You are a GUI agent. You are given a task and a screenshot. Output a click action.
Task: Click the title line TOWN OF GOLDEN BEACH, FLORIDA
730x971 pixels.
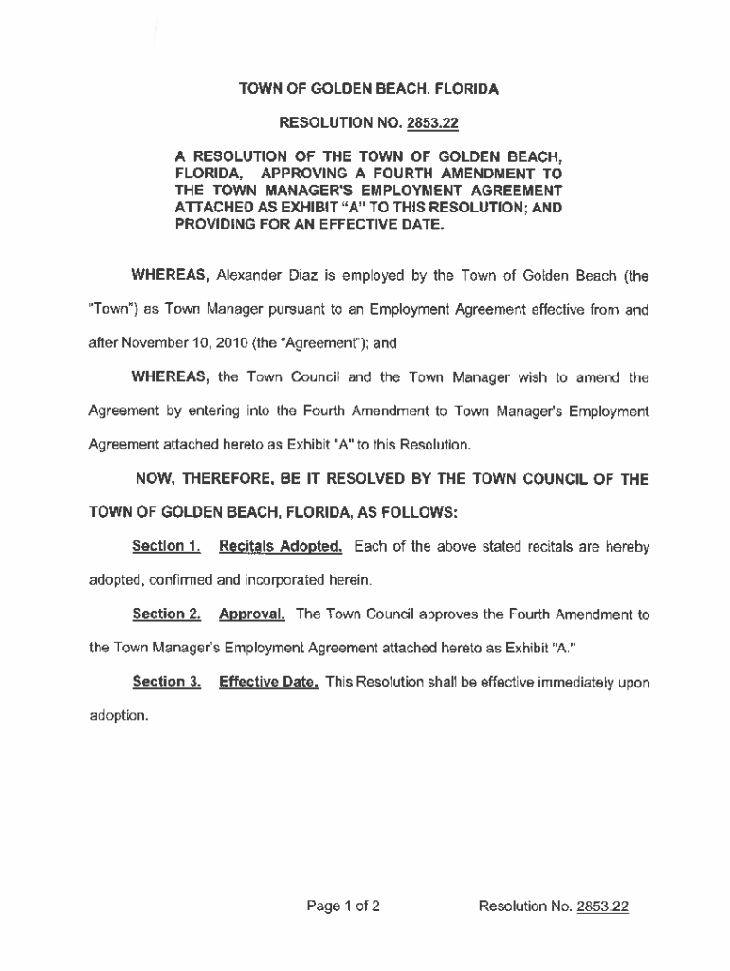(x=368, y=90)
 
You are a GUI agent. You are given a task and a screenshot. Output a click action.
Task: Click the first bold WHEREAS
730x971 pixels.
(x=170, y=276)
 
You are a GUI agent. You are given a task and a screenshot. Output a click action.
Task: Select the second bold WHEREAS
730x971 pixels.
(x=170, y=377)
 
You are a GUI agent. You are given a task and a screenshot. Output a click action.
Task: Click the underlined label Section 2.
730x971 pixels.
(x=166, y=614)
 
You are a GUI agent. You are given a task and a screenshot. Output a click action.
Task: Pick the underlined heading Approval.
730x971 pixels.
(x=252, y=614)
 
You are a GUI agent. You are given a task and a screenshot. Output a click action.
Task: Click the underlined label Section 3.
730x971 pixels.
(x=166, y=682)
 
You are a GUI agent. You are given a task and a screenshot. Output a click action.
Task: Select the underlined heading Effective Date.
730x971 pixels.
(x=268, y=682)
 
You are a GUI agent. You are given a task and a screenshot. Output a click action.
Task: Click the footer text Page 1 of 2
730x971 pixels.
(x=343, y=907)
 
